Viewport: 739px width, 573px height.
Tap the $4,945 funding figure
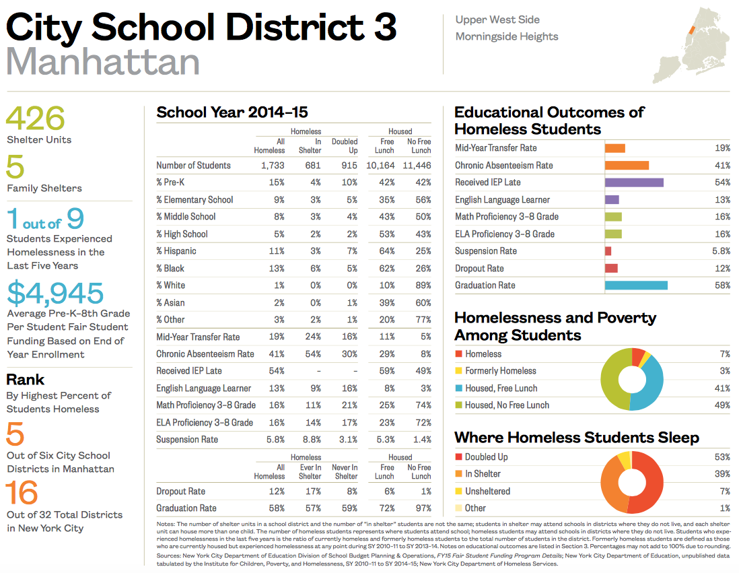[55, 293]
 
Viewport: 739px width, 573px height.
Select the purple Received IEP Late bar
[634, 182]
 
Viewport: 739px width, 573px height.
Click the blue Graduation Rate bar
[636, 285]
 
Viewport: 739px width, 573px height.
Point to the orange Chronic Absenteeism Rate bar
[627, 165]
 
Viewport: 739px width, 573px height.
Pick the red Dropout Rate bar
[611, 268]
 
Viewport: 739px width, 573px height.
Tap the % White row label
[170, 285]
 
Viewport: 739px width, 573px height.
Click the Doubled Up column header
[345, 146]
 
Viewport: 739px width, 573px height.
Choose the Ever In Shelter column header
[310, 472]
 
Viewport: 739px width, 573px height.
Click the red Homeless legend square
[458, 353]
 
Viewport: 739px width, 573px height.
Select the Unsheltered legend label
[487, 492]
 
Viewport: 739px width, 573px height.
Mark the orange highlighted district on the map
[690, 30]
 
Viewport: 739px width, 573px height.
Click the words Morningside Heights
[506, 36]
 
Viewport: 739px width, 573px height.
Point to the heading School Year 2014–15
[232, 112]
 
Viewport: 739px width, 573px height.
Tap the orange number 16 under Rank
[22, 494]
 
